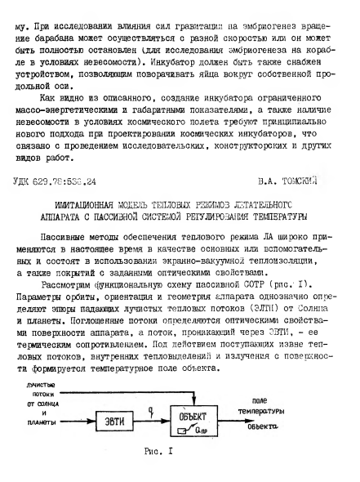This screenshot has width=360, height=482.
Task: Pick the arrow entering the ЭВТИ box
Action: [71, 419]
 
